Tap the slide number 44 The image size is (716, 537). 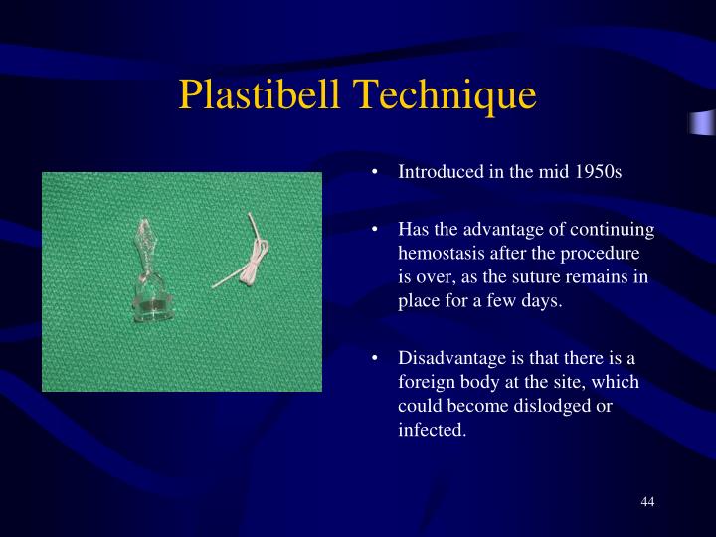click(x=647, y=501)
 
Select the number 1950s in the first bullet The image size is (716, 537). click(x=597, y=171)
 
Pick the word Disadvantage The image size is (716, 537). click(x=449, y=358)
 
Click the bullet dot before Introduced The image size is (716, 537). click(x=375, y=172)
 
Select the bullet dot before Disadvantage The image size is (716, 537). click(x=375, y=359)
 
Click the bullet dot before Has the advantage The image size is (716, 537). click(x=375, y=230)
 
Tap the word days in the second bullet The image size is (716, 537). click(x=543, y=300)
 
